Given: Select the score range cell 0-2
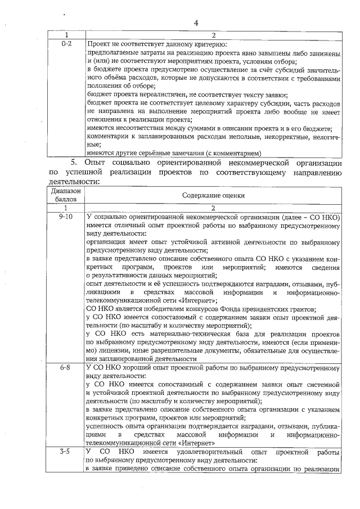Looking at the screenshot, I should [x=66, y=43].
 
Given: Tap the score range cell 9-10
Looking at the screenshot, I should [x=66, y=217].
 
